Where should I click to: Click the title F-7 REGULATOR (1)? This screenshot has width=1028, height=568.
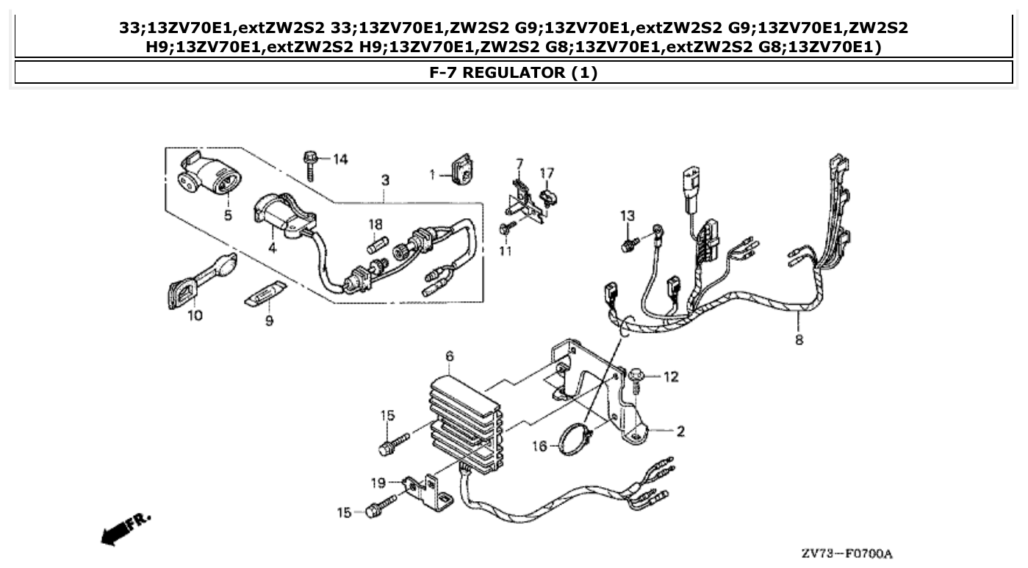(x=513, y=73)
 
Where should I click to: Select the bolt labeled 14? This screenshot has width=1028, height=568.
(x=309, y=164)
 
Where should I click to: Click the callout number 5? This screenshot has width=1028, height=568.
(x=227, y=215)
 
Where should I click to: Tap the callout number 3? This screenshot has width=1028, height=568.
(x=385, y=180)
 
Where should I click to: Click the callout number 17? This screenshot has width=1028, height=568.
(x=547, y=173)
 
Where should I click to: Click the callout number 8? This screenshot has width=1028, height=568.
(x=799, y=339)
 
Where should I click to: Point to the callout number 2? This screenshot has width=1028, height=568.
(x=680, y=431)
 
